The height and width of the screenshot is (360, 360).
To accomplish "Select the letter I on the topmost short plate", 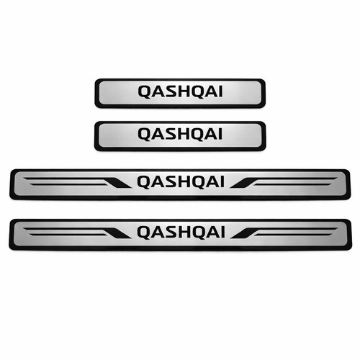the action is click(220, 91).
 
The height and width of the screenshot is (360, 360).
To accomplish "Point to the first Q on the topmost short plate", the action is click(145, 92).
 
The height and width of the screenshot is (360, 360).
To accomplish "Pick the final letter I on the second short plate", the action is click(220, 134).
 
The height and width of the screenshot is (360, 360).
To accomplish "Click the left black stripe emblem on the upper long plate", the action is click(77, 182).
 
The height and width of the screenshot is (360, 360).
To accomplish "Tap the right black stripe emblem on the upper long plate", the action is click(284, 182).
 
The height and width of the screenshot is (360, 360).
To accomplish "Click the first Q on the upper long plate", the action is click(144, 182).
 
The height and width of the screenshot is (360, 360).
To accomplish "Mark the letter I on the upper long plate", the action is click(222, 181).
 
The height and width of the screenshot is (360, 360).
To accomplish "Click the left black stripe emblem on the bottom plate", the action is click(77, 233).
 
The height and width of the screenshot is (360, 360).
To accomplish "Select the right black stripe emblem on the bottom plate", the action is click(284, 233).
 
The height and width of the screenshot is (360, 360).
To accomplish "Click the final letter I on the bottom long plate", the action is click(222, 232).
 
